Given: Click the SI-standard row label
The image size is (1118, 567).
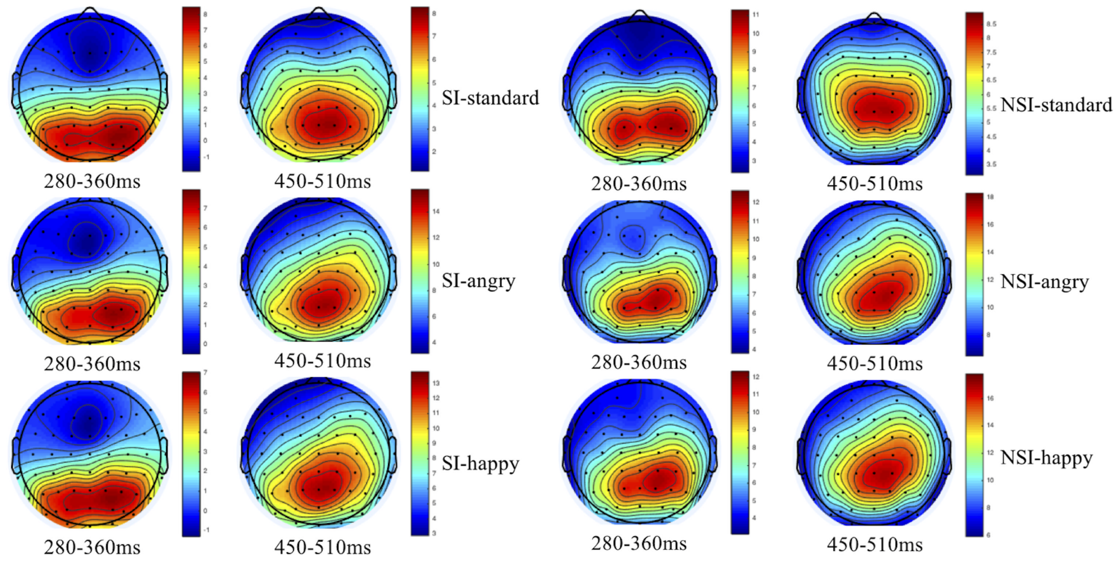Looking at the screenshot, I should [490, 98].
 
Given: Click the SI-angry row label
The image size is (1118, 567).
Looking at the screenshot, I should [479, 281].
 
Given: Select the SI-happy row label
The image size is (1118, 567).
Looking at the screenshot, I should [480, 463].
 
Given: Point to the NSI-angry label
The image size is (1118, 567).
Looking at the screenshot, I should [1044, 282].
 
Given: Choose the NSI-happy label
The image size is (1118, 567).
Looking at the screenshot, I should [1046, 458].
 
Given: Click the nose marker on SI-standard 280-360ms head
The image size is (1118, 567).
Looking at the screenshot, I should [90, 13].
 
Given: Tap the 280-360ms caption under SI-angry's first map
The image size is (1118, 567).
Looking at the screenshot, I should [92, 364].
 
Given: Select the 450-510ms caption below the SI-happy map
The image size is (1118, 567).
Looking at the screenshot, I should [322, 547].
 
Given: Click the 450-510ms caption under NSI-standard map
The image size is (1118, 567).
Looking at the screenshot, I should [874, 184].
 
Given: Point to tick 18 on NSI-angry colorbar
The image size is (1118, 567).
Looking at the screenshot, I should [990, 197].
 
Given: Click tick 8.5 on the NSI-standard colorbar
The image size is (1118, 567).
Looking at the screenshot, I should [991, 24].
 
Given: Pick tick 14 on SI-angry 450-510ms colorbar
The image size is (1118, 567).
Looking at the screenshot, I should [436, 211].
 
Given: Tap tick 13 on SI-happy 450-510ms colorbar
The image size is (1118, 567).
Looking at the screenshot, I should [436, 383].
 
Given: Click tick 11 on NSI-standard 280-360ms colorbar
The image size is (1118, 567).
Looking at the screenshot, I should [755, 15].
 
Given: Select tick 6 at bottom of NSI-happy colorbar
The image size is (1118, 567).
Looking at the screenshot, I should [988, 535].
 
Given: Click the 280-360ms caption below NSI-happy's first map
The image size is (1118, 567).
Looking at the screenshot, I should [639, 544].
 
